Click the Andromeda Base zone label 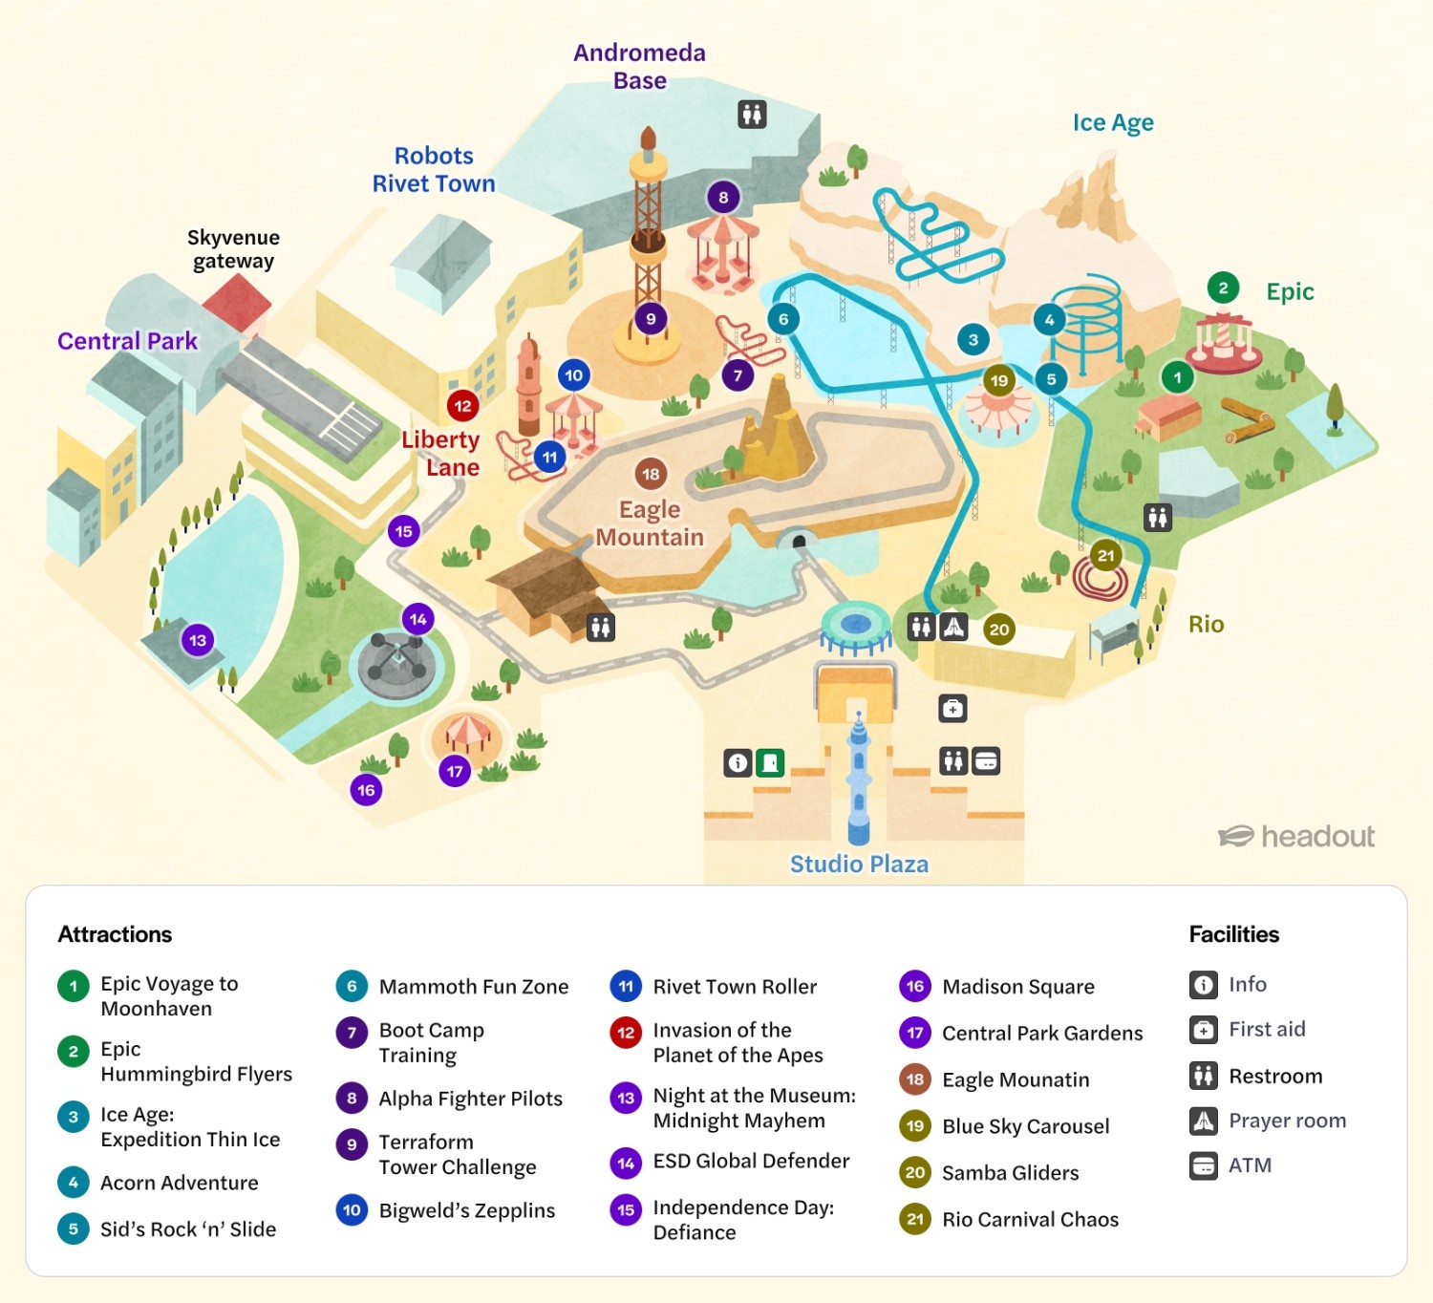coord(639,67)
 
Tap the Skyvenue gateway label coord(233,249)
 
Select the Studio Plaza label coord(858,864)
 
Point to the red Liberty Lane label coord(441,453)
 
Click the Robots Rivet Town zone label coord(434,169)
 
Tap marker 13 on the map coord(198,640)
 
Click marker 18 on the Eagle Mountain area coord(651,474)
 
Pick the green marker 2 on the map coord(1223,288)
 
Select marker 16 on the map coord(366,790)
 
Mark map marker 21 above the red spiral coord(1105,555)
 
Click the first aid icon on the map coord(952,709)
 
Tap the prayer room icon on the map coord(953,627)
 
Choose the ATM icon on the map coord(986,760)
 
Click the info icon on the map coord(738,762)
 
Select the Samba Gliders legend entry coord(1010,1172)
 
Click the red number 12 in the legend coord(626,1033)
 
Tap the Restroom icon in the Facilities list coord(1203,1076)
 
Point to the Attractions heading coord(115,934)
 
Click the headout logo coord(1296,837)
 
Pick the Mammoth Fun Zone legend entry coord(473,986)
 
